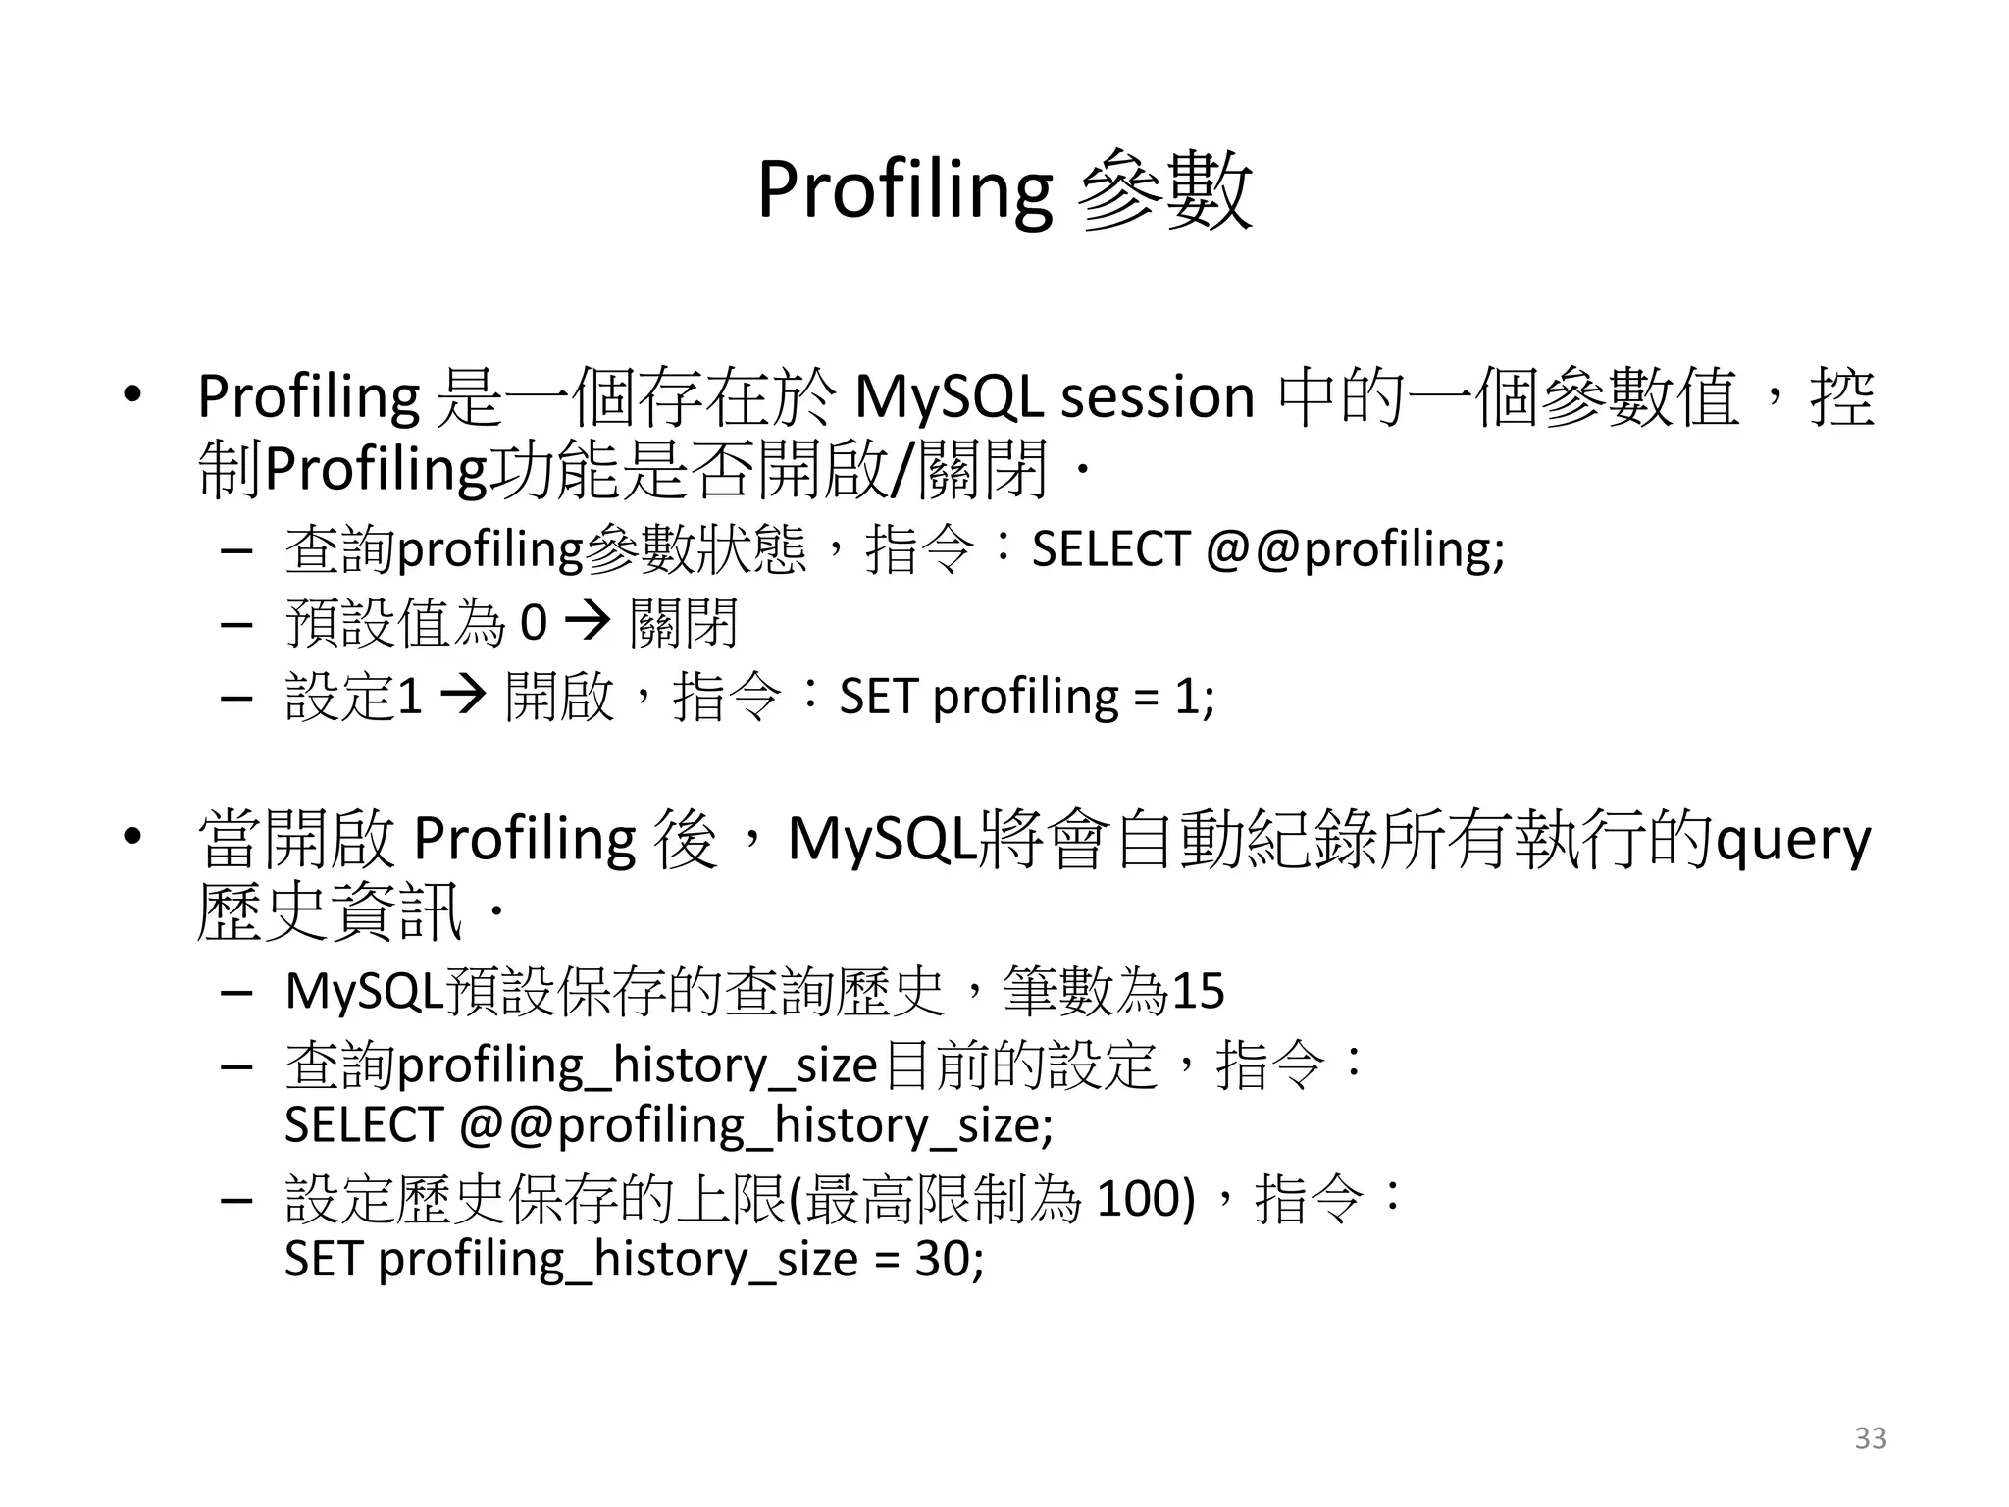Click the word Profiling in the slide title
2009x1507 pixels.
point(903,190)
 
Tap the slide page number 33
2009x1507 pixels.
point(1870,1438)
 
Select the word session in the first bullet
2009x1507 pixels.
point(1158,397)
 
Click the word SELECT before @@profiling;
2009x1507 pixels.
point(1109,549)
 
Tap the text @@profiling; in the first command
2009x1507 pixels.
point(1355,549)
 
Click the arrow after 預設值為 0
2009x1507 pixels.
point(588,622)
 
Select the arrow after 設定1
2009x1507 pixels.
point(463,697)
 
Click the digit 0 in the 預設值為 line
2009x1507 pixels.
point(533,622)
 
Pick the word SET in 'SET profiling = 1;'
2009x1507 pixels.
point(879,697)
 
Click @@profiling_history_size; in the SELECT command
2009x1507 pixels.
point(755,1125)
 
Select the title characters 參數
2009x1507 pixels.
point(1164,190)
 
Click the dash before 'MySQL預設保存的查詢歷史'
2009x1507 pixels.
point(236,992)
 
